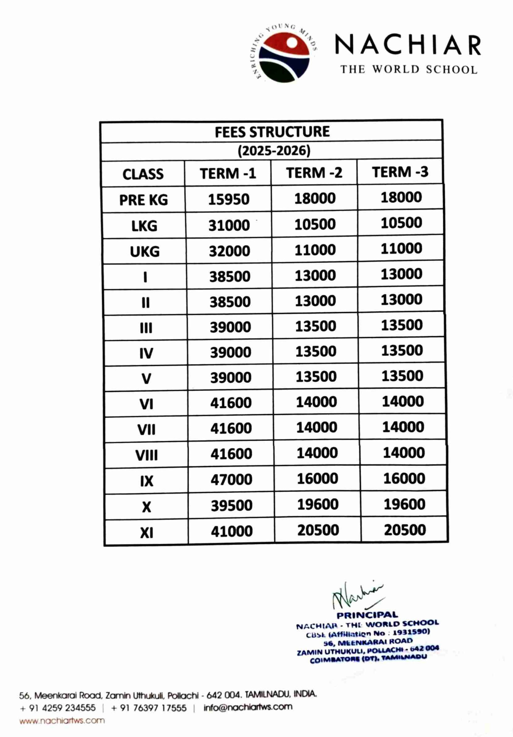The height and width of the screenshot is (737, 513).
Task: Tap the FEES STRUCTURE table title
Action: [272, 132]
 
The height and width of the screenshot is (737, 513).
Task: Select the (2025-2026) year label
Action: [274, 151]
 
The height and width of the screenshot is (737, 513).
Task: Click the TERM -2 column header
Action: [314, 173]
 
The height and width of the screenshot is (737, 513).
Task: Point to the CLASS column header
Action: [143, 174]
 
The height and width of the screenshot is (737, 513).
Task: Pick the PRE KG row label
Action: [143, 200]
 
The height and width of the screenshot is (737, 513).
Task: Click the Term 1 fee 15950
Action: [229, 199]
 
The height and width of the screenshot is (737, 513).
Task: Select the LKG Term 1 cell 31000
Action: [229, 225]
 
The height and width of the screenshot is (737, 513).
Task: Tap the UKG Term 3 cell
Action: [401, 248]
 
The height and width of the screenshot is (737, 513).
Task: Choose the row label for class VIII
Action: [147, 455]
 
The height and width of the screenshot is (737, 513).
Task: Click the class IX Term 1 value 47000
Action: [231, 480]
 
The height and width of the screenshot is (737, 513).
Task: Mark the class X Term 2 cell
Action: [317, 504]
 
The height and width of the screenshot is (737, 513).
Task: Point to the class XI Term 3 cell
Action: [405, 530]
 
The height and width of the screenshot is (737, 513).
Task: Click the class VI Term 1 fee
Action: [231, 403]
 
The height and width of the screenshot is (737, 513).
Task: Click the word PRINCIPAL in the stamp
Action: [367, 615]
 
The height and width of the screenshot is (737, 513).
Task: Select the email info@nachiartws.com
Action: [248, 707]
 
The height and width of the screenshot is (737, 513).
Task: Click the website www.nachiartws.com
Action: [62, 721]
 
